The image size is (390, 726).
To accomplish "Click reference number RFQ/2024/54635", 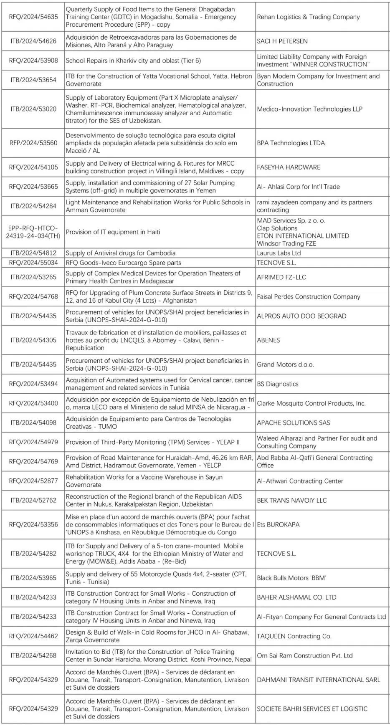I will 33,17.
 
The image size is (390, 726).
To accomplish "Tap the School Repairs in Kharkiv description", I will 133,61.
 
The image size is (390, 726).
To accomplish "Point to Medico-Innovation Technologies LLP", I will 309,109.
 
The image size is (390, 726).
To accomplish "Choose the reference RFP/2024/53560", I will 33,143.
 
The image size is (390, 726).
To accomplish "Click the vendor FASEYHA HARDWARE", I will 289,167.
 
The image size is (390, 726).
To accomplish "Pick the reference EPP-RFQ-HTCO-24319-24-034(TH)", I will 33,232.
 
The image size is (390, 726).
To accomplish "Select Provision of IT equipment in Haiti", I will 113,232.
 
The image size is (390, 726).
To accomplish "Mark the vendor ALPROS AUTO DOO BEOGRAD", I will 301,316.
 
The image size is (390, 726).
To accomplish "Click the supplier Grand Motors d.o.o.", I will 285,364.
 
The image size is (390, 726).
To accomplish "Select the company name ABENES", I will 268,340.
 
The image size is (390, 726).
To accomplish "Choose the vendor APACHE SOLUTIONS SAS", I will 293,423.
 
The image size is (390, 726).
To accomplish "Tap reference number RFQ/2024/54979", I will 33,442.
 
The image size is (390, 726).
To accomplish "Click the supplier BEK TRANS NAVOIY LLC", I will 291,500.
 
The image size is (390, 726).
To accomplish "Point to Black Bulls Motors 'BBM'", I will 291,578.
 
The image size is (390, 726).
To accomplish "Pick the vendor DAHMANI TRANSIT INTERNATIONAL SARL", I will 318,680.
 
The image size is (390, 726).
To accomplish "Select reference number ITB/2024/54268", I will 33,655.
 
